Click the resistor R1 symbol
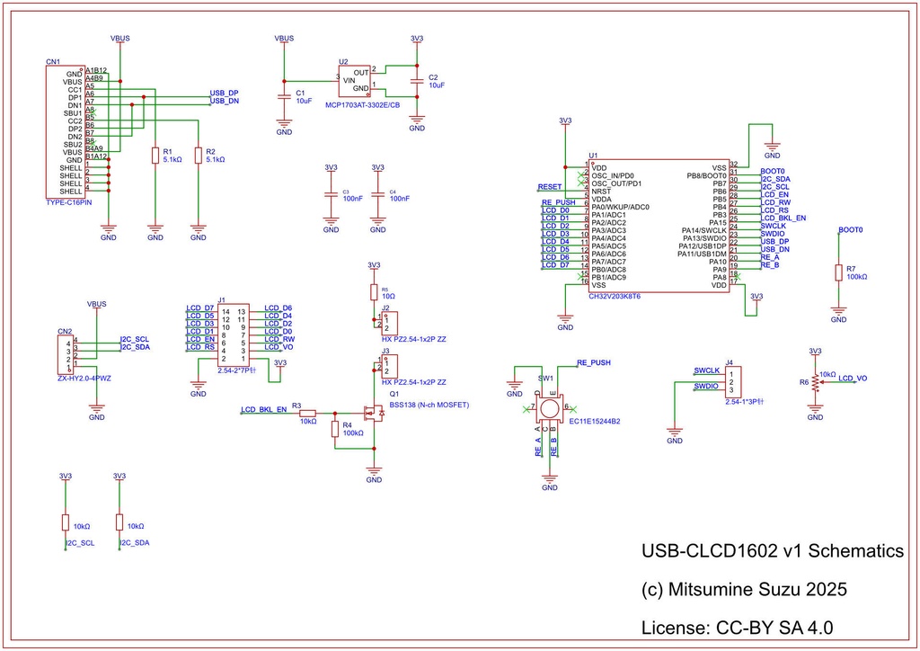155,156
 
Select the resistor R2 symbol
199,156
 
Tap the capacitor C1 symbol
284,95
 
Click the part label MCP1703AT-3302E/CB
363,105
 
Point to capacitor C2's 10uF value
437,85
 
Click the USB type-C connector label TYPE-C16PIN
69,203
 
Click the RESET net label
549,186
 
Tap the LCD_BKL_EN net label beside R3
263,409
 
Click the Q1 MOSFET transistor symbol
371,414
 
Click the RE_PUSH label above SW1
593,361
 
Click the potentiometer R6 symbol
815,381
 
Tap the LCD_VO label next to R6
853,379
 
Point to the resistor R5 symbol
375,292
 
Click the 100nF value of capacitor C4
399,198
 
